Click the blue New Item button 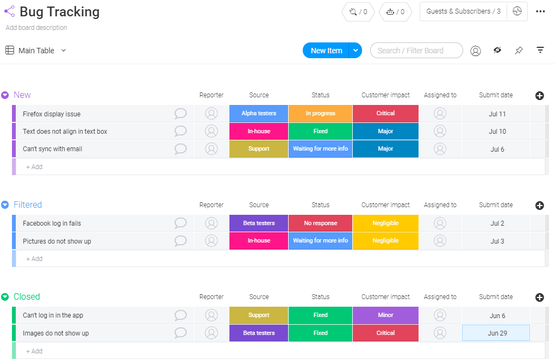tap(326, 51)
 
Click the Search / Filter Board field tap(416, 51)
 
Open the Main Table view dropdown tap(64, 51)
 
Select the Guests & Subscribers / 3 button tap(463, 11)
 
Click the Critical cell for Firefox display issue tap(385, 114)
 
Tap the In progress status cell tap(320, 114)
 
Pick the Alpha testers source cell tap(259, 114)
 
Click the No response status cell tap(320, 224)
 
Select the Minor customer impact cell tap(385, 315)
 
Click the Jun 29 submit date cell tap(496, 333)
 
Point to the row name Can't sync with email tap(52, 149)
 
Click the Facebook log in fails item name tap(52, 224)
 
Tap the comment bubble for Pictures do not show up tap(180, 241)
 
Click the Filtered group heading tap(28, 205)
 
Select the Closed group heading tap(27, 297)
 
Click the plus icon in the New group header tap(540, 96)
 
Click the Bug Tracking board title tap(59, 12)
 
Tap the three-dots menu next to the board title tap(540, 11)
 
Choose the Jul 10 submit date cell tap(497, 132)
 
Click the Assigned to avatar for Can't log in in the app tap(440, 315)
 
